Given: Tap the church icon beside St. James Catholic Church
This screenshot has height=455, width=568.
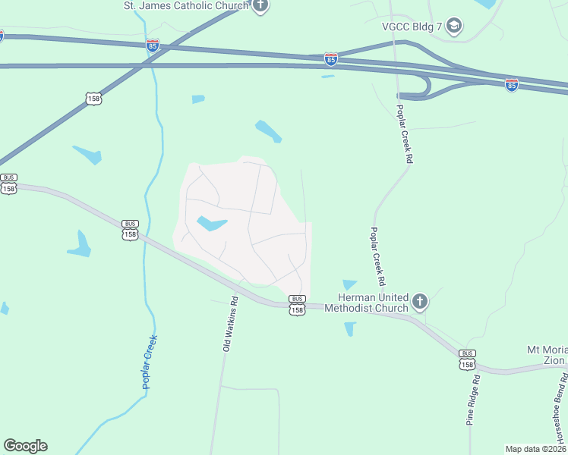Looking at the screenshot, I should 260,7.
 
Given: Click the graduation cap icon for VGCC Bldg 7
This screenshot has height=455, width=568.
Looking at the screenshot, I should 454,26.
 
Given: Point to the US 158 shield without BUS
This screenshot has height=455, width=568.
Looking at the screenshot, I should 94,99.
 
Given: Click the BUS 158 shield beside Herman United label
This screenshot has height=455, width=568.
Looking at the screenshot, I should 297,306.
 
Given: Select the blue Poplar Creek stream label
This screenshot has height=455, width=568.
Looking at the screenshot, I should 150,362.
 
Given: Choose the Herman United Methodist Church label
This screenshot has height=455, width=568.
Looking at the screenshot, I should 373,303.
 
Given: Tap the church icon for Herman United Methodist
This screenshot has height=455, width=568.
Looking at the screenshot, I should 420,303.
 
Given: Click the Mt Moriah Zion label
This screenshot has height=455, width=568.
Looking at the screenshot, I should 546,355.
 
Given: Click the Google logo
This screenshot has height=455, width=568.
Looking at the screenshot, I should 25,446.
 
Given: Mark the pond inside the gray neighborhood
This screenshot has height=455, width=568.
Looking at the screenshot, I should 211,224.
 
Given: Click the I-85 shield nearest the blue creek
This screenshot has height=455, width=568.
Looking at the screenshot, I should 153,45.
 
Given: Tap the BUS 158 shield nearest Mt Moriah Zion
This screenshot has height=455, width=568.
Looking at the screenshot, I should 467,359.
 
